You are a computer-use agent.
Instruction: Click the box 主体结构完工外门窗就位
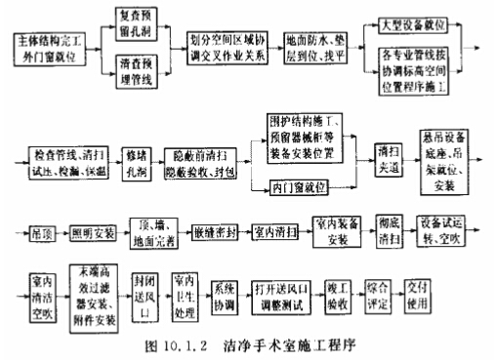[x=52, y=45]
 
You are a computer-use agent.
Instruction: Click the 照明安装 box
[x=94, y=233]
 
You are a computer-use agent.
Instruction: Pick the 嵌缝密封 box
[x=209, y=234]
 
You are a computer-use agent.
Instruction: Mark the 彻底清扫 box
[x=389, y=233]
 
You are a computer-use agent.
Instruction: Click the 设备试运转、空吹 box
[x=447, y=233]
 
